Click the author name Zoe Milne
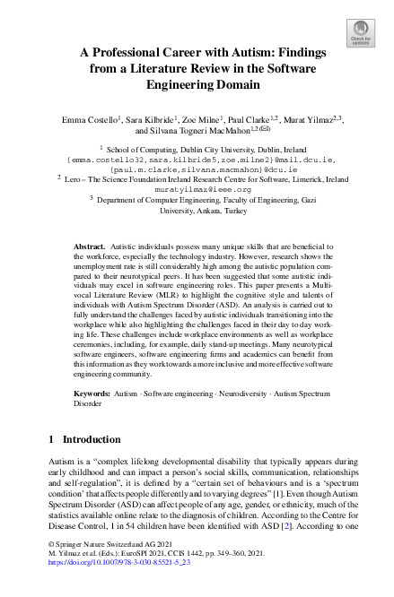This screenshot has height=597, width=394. pos(205,118)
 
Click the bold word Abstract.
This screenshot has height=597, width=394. pos(89,245)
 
